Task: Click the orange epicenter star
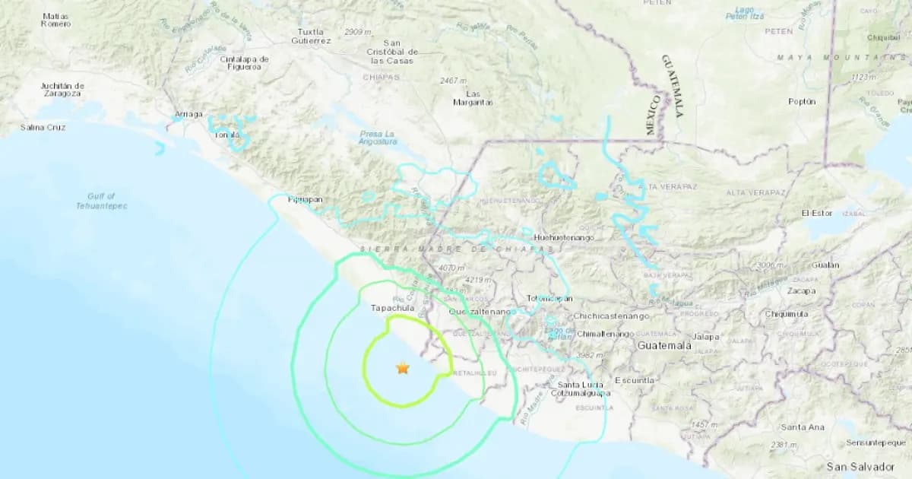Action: tap(402, 368)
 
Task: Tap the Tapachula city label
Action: tap(392, 309)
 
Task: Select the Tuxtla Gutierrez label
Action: tap(312, 36)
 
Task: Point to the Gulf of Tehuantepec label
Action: tap(101, 201)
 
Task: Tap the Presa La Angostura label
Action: tap(378, 138)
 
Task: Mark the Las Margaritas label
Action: tap(473, 98)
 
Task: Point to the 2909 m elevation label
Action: tap(357, 32)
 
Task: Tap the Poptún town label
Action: tap(802, 101)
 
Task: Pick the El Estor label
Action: tap(817, 214)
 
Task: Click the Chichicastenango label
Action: tap(613, 316)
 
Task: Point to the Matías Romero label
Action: tap(56, 20)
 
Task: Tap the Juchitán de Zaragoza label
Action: tap(62, 89)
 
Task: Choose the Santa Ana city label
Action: tap(803, 427)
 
